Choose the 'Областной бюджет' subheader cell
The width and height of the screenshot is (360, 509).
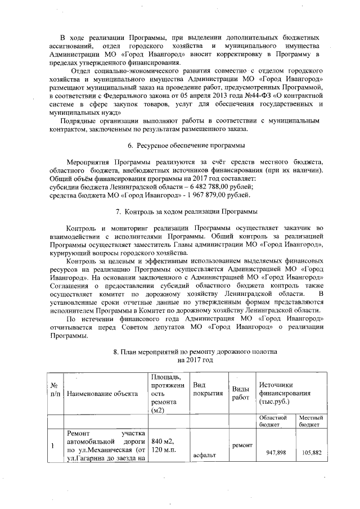pos(274,422)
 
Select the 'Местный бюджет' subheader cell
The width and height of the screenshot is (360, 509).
pos(310,422)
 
